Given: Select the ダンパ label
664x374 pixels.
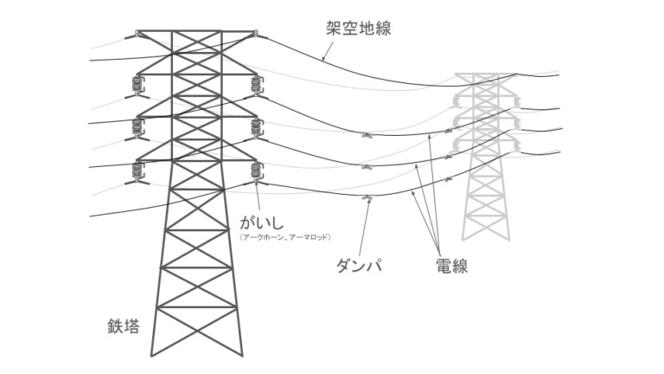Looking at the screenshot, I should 359,266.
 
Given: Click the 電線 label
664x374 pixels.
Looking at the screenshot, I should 450,266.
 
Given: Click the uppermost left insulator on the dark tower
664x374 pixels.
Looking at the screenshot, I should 137,85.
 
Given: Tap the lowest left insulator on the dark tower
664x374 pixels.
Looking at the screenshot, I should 137,171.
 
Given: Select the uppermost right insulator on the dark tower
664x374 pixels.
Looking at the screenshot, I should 255,85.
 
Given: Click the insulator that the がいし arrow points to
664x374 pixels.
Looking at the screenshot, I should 255,171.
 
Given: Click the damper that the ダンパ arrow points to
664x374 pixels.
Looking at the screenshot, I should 367,200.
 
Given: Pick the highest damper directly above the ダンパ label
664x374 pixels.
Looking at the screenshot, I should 367,136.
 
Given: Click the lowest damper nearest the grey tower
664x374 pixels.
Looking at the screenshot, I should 448,180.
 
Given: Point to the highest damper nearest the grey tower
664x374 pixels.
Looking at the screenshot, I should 448,131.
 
